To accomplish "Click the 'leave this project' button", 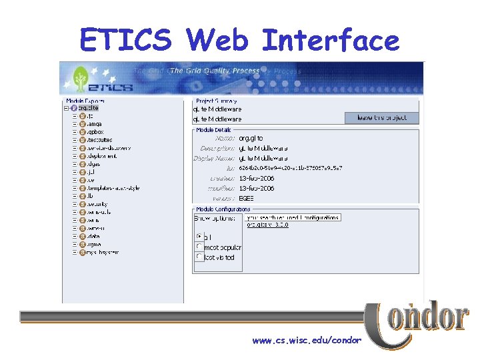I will (x=381, y=118).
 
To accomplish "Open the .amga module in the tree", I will (x=94, y=123).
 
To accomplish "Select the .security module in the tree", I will (x=97, y=204).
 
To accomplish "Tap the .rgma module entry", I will (x=94, y=244).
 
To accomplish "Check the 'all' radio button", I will (x=199, y=237).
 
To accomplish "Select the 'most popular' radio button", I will (x=199, y=247).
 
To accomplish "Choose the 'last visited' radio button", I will (x=199, y=257).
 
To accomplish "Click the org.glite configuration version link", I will (x=268, y=225).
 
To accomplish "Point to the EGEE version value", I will (x=248, y=198).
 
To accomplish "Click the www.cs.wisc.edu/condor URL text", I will (x=307, y=340).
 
